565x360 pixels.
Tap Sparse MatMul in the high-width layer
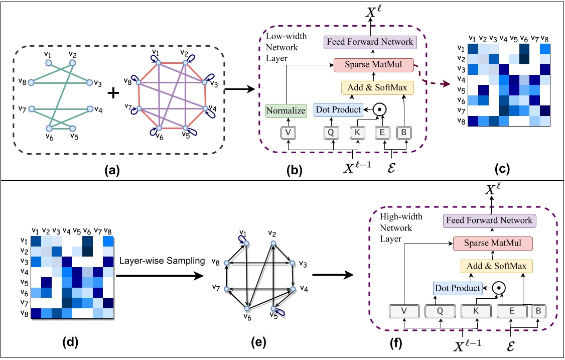tap(492, 244)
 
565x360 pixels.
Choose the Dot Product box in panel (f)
tap(457, 288)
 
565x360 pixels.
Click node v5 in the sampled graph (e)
tap(274, 309)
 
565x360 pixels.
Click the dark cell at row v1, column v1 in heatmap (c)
tap(473, 48)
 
